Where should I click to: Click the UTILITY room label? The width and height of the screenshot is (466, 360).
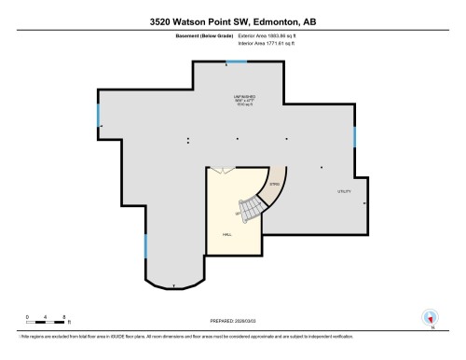[x=343, y=191]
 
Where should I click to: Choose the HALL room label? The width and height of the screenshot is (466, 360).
[x=226, y=234]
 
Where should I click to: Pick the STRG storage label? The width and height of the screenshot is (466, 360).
[x=275, y=185]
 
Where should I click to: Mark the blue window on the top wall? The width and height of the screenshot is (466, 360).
[x=237, y=62]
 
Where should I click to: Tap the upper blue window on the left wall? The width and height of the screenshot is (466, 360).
[x=98, y=117]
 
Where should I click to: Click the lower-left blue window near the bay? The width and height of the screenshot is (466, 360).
[x=144, y=246]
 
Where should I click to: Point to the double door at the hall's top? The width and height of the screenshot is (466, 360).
[x=221, y=170]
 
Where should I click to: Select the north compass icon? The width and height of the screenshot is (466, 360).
[x=430, y=317]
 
